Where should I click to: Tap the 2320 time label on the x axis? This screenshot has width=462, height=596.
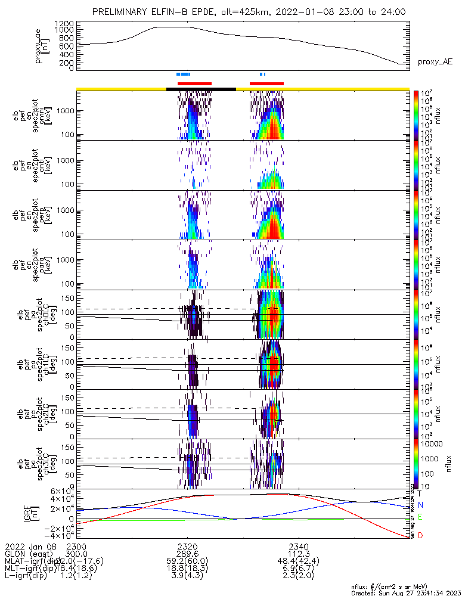[187, 546]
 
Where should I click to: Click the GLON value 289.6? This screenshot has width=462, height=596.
[187, 554]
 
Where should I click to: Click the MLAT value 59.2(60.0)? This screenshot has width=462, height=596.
[187, 561]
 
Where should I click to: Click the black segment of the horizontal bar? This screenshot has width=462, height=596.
[201, 89]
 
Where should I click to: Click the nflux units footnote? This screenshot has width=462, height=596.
[405, 586]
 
